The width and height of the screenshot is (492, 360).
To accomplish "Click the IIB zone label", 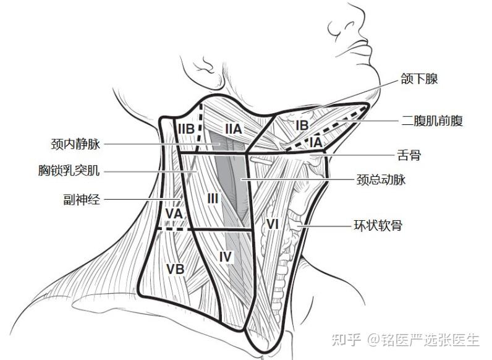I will coord(187,129).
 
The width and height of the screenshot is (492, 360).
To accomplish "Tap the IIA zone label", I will coord(232,129).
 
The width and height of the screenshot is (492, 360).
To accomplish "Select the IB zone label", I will coord(302,126).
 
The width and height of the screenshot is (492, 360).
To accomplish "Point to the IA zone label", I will coord(316,142).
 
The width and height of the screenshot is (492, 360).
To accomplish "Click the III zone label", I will coord(213,199).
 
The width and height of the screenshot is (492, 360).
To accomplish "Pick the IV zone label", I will coord(226,255).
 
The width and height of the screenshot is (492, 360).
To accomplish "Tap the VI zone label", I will coord(273,223).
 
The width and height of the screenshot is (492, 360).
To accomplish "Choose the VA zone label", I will coord(174,213).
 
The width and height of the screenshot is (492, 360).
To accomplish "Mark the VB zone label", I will coord(175,268).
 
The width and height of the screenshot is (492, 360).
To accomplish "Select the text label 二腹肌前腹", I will coord(431,121).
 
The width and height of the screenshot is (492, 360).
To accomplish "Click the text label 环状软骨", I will coord(378,225).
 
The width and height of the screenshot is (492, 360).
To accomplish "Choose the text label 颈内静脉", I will coord(75,145).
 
